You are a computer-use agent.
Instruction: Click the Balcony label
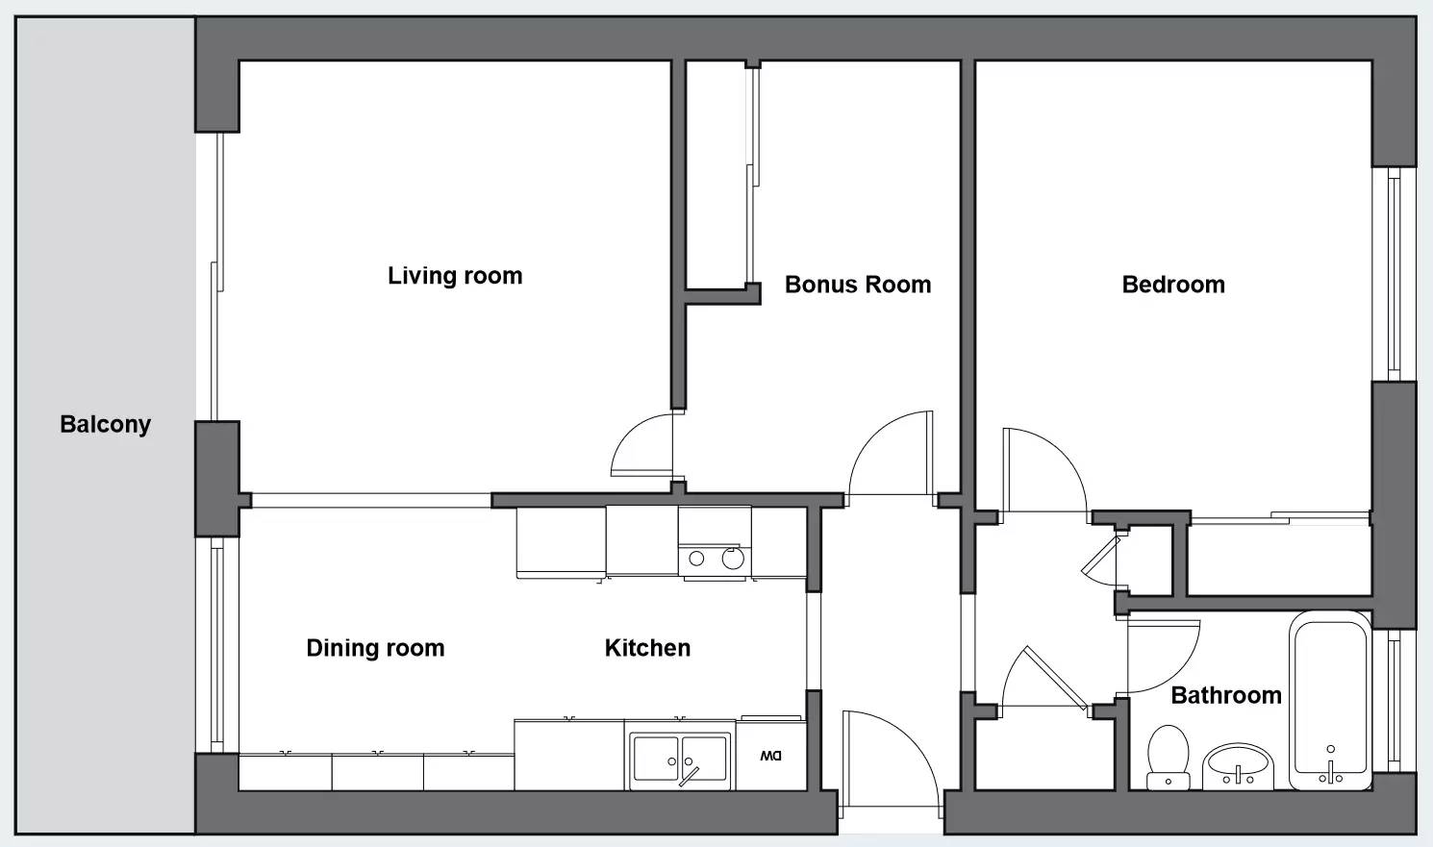click(x=106, y=424)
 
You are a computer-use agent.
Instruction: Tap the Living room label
click(x=455, y=276)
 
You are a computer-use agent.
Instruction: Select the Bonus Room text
click(x=858, y=285)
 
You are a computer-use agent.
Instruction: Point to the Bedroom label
click(x=1173, y=285)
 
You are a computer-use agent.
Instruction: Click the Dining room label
click(x=375, y=648)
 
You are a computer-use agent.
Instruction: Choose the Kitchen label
click(x=647, y=648)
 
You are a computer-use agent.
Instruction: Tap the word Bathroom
click(x=1226, y=695)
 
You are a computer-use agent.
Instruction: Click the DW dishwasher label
click(x=771, y=757)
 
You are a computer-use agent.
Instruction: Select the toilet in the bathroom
click(x=1169, y=758)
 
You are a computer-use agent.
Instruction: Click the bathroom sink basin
click(x=1238, y=765)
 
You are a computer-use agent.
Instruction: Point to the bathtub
click(x=1331, y=701)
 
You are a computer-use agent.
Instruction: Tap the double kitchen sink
click(x=679, y=760)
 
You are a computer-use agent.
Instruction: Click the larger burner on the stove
click(x=733, y=559)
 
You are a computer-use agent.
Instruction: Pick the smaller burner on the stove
click(x=696, y=559)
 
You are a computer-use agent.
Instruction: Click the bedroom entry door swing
click(x=1044, y=470)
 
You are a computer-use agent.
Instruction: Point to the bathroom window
click(x=1394, y=701)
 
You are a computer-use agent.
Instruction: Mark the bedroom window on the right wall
click(x=1394, y=274)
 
